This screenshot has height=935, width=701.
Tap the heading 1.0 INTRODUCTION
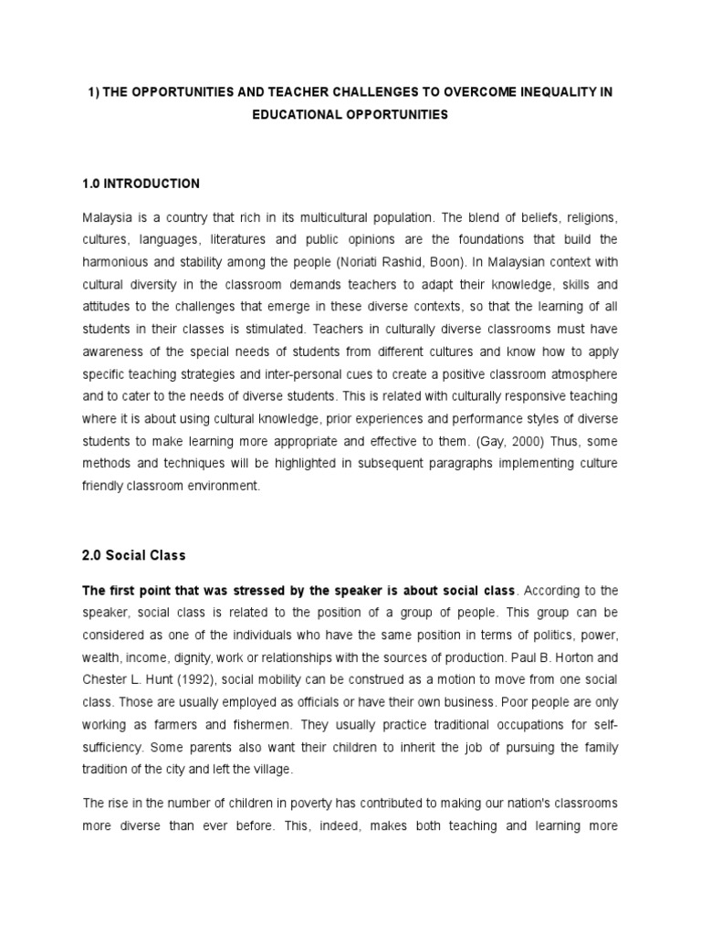141,184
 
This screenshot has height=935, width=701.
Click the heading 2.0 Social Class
134,555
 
